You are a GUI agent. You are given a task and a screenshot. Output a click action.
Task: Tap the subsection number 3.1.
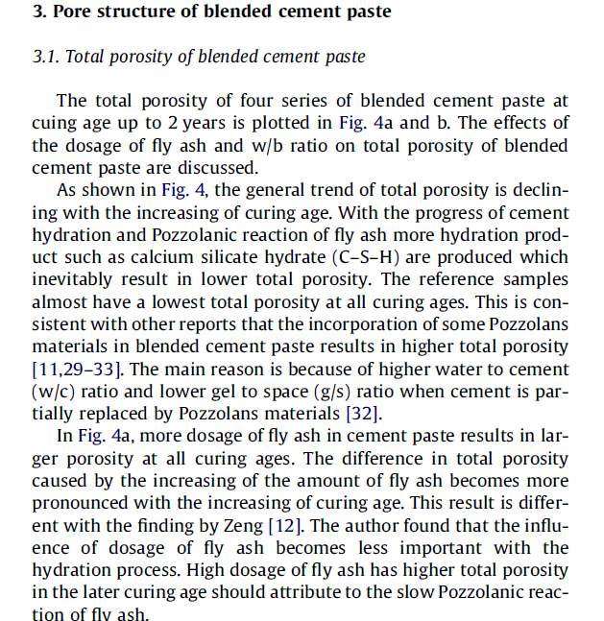(x=45, y=57)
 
